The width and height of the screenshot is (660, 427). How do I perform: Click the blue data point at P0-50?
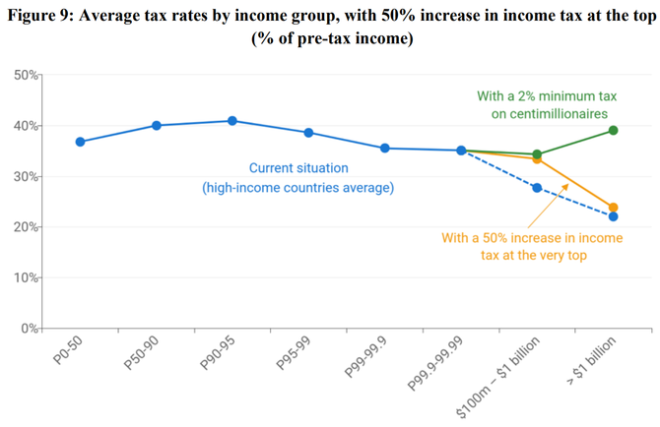80,142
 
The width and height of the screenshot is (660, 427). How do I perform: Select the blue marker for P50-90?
157,125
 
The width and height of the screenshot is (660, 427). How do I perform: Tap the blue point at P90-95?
232,121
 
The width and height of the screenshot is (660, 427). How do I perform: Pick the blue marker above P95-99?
308,133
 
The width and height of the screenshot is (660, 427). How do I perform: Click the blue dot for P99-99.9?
384,149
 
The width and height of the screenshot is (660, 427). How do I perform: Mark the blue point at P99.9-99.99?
461,151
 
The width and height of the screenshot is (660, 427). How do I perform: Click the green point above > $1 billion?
613,130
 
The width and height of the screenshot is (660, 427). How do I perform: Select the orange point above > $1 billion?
613,208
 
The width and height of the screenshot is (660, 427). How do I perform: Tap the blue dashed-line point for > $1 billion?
613,216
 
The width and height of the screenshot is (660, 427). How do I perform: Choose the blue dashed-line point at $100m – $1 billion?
537,187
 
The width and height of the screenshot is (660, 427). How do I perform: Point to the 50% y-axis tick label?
27,75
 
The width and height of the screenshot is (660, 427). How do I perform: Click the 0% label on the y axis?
30,328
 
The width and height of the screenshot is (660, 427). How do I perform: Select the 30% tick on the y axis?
27,176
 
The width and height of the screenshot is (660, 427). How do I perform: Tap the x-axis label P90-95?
219,353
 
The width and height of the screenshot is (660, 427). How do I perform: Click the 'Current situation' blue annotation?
297,177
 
